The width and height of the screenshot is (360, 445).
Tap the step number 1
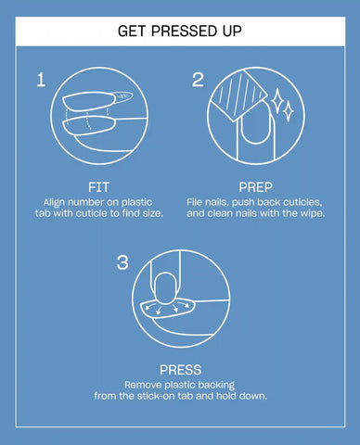tap(41, 80)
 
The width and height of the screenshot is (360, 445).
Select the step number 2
tap(199, 80)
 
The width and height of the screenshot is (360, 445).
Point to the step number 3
tap(122, 262)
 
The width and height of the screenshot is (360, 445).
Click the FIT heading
tap(98, 187)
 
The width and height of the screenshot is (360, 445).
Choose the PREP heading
tap(256, 187)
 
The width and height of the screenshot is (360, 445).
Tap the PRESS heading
tap(180, 370)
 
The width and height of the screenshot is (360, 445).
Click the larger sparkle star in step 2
tap(276, 99)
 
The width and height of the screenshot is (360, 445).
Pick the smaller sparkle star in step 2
tap(289, 110)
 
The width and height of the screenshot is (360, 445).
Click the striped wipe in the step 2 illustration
tap(238, 95)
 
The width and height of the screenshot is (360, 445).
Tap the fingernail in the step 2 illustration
tap(256, 123)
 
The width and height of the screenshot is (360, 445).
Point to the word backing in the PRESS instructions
tap(216, 386)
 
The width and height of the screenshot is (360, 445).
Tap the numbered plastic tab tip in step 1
tap(123, 96)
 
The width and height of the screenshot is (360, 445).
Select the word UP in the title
tap(232, 32)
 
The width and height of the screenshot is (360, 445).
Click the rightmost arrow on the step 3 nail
tap(185, 305)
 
